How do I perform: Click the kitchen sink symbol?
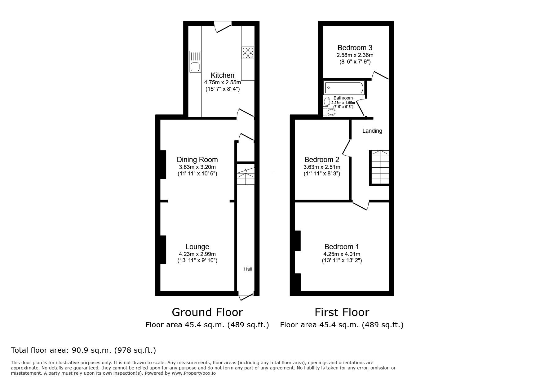click(195, 61)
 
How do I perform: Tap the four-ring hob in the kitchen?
click(248, 53)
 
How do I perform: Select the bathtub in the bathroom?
click(343, 88)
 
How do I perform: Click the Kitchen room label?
click(222, 75)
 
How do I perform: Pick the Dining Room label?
click(197, 160)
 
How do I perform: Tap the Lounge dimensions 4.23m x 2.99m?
click(197, 254)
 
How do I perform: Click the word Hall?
click(248, 269)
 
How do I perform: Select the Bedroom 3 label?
click(355, 48)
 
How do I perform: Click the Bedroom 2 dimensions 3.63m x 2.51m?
click(321, 167)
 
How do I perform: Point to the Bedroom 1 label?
click(341, 247)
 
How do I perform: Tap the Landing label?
click(372, 131)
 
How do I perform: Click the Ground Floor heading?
click(207, 312)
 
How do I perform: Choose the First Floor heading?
click(342, 312)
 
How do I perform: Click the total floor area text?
click(83, 350)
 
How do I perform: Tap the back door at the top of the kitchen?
click(224, 27)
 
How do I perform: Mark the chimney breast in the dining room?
click(163, 164)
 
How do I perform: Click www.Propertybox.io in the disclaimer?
click(193, 373)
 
